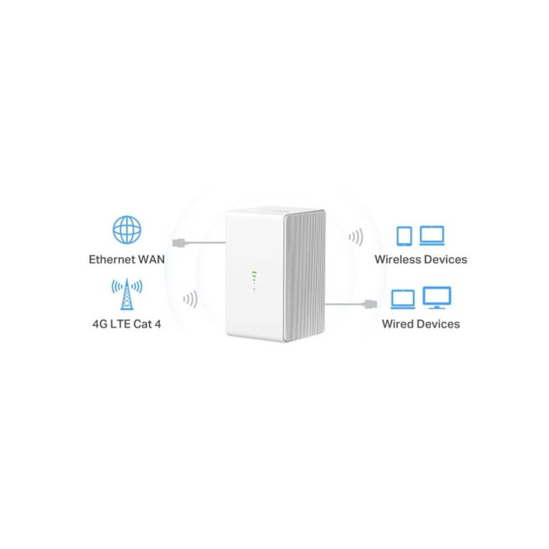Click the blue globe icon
(127, 230)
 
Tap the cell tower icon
(127, 294)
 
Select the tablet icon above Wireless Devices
(404, 236)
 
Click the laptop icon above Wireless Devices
(432, 235)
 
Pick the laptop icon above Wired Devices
(403, 299)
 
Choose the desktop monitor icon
(437, 298)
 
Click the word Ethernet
(112, 259)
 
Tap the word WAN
(151, 259)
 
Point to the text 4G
(100, 324)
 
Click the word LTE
(120, 324)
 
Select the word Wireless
(398, 259)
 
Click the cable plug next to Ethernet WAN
(179, 242)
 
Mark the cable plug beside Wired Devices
(371, 304)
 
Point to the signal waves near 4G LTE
(190, 299)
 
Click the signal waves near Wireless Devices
(355, 237)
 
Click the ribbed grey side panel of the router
(305, 275)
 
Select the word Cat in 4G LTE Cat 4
(143, 324)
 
